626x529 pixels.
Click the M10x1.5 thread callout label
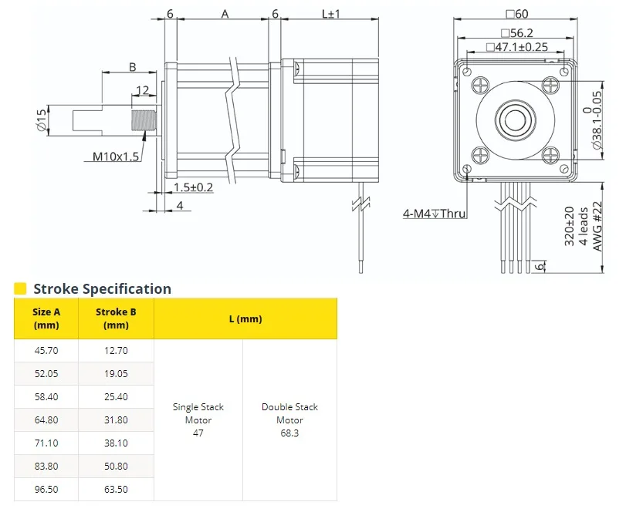pyautogui.click(x=116, y=157)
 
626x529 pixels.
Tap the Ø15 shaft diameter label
pyautogui.click(x=42, y=120)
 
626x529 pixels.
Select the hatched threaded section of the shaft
pyautogui.click(x=144, y=120)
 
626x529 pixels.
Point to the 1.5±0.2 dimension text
pyautogui.click(x=193, y=187)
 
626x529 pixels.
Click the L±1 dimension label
pyautogui.click(x=331, y=14)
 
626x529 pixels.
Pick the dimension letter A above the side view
pyautogui.click(x=225, y=15)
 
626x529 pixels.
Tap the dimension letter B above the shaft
pyautogui.click(x=133, y=67)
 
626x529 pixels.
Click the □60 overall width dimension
pyautogui.click(x=517, y=14)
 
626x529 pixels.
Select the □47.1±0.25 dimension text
pyautogui.click(x=517, y=47)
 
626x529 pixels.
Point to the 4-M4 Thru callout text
pyautogui.click(x=434, y=214)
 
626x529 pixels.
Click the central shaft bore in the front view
pyautogui.click(x=516, y=120)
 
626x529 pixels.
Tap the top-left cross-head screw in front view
pyautogui.click(x=481, y=86)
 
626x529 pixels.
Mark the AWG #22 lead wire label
pyautogui.click(x=597, y=226)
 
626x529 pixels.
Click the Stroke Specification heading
pyautogui.click(x=102, y=288)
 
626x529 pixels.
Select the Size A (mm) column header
pyautogui.click(x=46, y=318)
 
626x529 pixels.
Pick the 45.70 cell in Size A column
pyautogui.click(x=46, y=351)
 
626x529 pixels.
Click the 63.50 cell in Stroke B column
pyautogui.click(x=117, y=490)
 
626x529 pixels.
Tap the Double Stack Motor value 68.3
pyautogui.click(x=289, y=433)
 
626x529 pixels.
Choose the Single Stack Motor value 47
pyautogui.click(x=198, y=433)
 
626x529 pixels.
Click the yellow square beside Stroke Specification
pyautogui.click(x=20, y=288)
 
